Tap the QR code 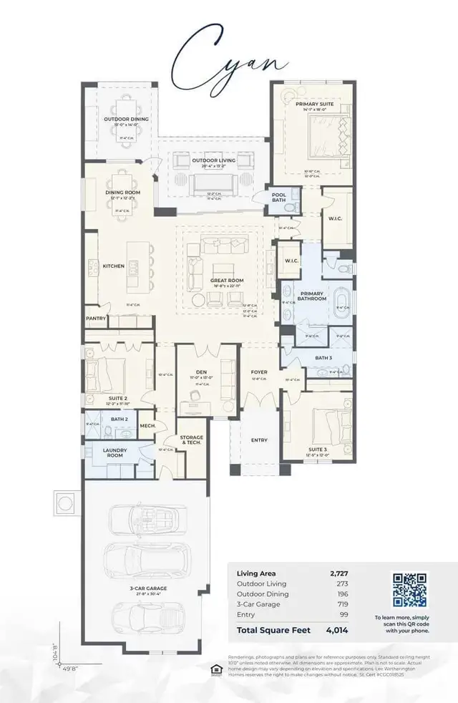coord(410,589)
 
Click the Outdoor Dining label coord(120,119)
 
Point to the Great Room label coord(223,280)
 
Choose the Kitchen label coord(113,266)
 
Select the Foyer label coord(258,372)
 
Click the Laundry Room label coord(117,452)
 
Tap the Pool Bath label coord(279,198)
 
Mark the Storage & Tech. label coord(191,439)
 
